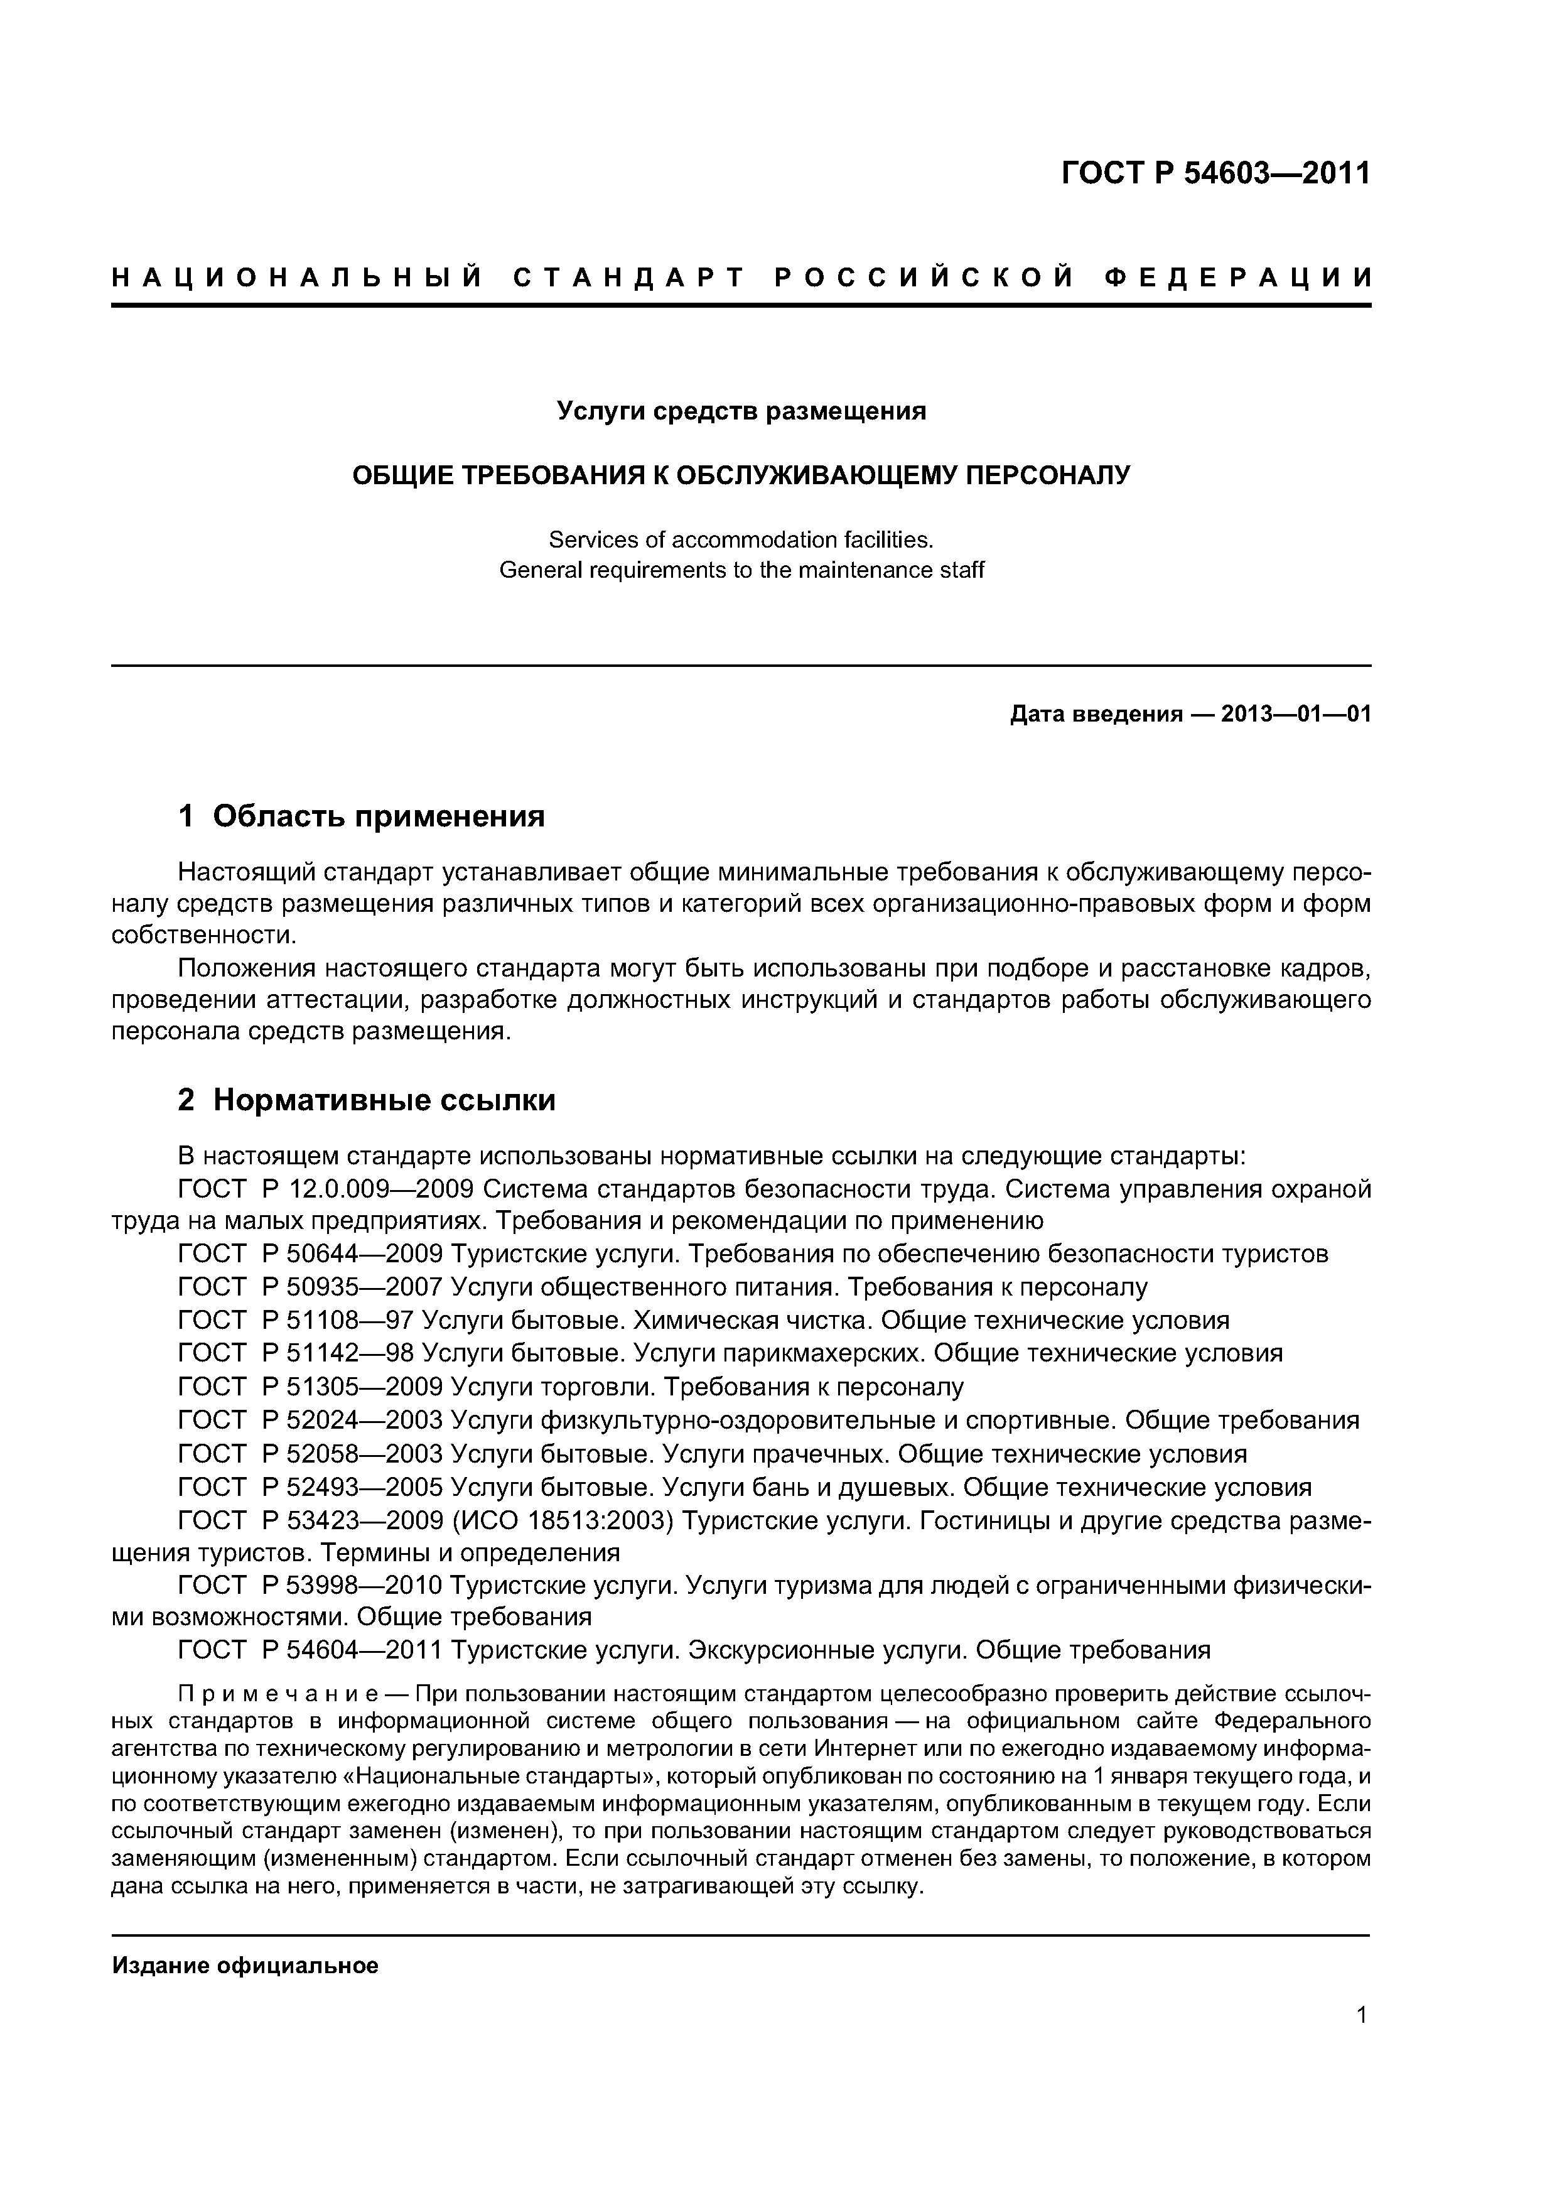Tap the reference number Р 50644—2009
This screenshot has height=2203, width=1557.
point(351,1254)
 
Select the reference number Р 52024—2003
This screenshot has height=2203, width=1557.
point(351,1420)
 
